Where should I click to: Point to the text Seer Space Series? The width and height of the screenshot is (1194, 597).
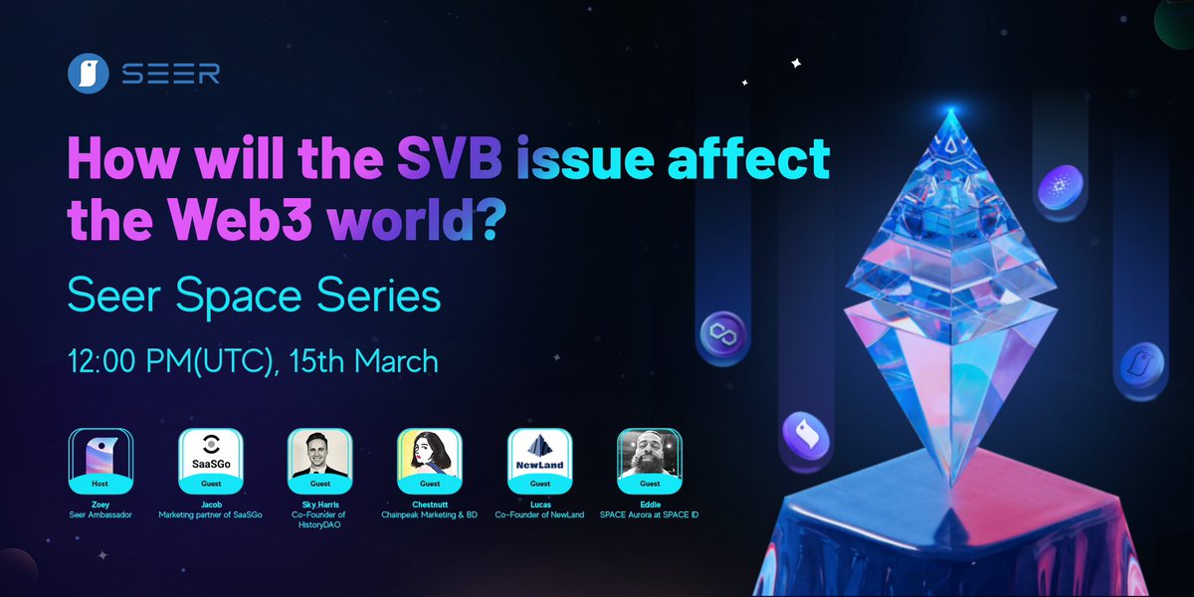(x=253, y=297)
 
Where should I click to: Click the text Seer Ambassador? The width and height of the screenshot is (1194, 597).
(x=99, y=513)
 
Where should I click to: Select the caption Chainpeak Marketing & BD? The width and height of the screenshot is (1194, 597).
(x=430, y=513)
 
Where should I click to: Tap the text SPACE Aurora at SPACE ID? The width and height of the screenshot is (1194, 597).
(x=649, y=513)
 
